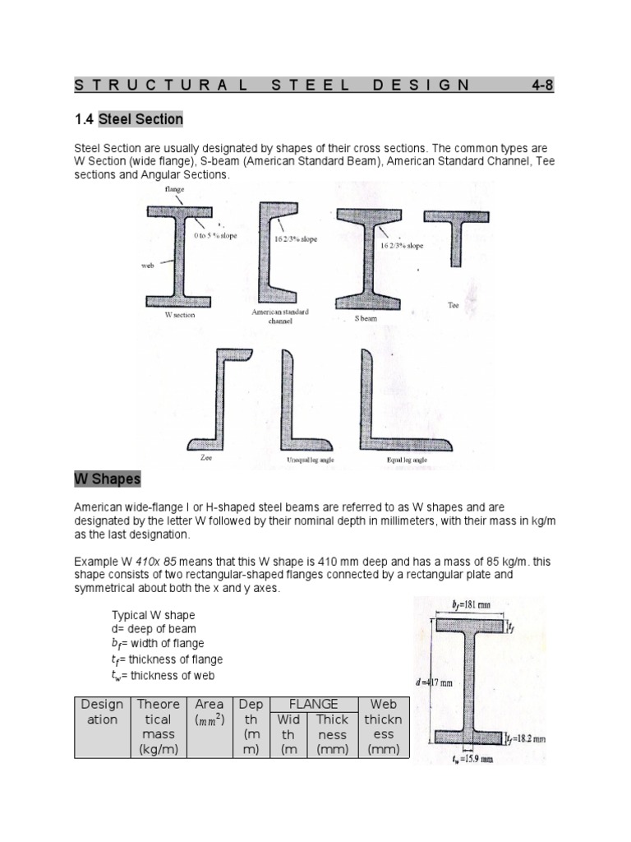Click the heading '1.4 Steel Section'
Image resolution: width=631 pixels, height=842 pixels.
129,119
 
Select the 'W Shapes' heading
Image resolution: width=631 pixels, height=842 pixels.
108,479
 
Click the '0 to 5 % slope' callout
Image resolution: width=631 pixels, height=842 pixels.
216,236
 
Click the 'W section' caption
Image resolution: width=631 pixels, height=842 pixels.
179,315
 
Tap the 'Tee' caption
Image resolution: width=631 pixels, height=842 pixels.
453,304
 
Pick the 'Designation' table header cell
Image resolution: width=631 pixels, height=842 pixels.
102,712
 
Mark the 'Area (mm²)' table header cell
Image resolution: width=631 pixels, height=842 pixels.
210,712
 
